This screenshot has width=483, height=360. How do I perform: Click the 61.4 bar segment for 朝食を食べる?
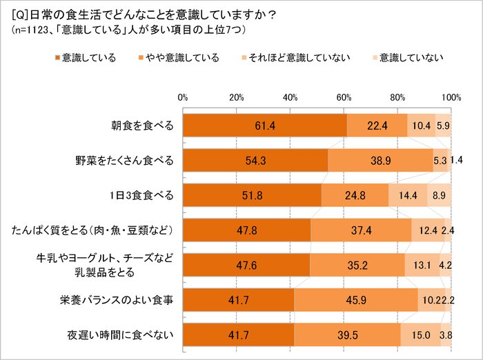264,125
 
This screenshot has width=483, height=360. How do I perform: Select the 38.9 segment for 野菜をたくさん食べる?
380,161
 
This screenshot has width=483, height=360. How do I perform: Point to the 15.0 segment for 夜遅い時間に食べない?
420,336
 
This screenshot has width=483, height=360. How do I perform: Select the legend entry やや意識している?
177,57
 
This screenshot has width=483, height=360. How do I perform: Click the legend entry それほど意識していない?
291,57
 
